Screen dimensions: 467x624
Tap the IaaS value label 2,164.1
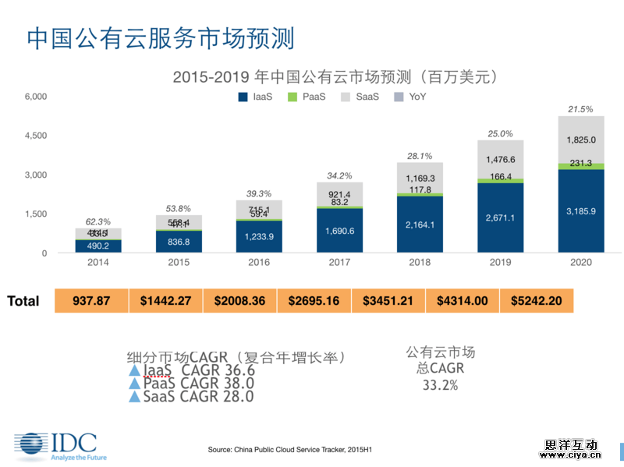click(x=420, y=225)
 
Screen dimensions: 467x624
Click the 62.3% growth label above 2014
click(x=93, y=221)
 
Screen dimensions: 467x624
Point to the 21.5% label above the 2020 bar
click(x=580, y=109)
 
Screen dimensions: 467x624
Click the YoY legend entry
click(x=410, y=97)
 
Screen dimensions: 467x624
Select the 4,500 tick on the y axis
click(x=36, y=136)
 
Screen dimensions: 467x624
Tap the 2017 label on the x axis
click(x=339, y=263)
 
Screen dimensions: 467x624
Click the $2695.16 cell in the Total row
click(x=314, y=301)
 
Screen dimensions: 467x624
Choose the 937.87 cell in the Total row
click(x=91, y=301)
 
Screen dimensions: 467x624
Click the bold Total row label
click(x=23, y=301)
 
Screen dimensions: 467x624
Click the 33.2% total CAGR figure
click(x=440, y=385)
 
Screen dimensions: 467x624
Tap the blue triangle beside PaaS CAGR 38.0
click(x=135, y=384)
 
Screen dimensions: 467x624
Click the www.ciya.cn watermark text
click(x=572, y=449)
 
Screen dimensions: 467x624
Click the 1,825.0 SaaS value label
click(x=581, y=140)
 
